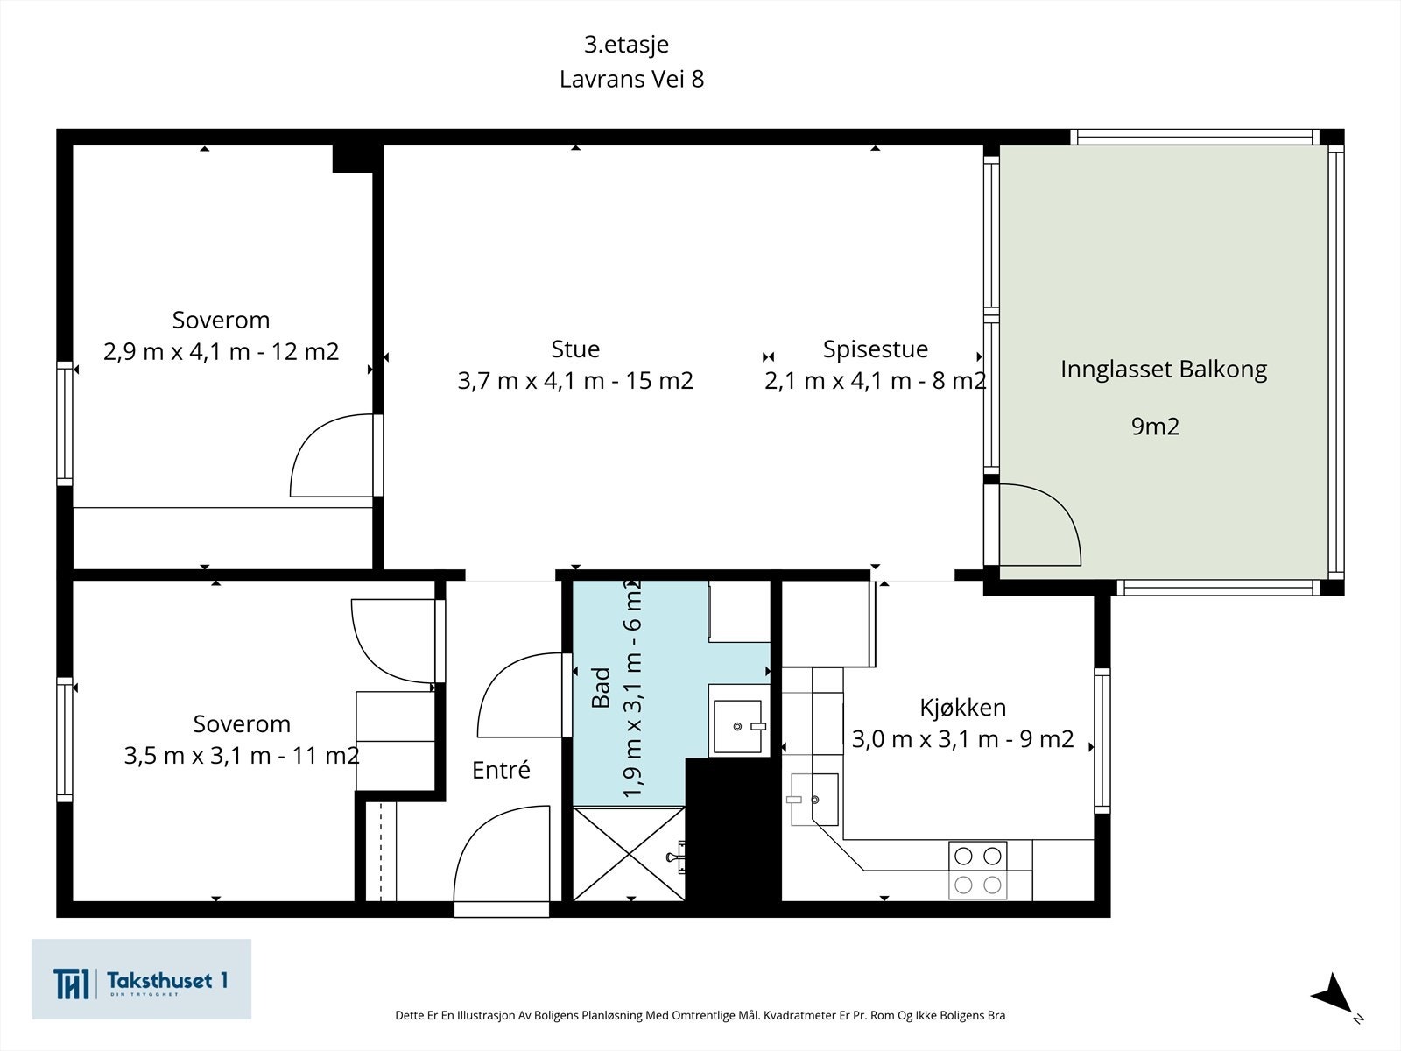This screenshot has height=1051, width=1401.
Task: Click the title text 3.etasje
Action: click(626, 45)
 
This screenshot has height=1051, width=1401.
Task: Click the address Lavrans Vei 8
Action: click(631, 79)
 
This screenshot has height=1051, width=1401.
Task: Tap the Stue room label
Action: click(575, 349)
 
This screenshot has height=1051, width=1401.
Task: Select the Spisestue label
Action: click(875, 349)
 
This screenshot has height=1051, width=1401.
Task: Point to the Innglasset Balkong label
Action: click(1164, 370)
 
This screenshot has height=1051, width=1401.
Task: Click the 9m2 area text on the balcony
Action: click(1155, 427)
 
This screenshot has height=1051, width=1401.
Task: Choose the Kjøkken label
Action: click(963, 707)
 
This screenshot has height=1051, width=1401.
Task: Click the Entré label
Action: click(501, 770)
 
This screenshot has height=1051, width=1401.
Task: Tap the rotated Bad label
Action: click(602, 688)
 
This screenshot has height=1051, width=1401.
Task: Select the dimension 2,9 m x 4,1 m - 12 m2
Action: click(221, 351)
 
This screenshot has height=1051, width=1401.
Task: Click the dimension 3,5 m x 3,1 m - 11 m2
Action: click(242, 756)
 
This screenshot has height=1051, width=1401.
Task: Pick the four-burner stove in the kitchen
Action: click(977, 871)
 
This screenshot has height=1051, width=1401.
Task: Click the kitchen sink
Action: click(814, 800)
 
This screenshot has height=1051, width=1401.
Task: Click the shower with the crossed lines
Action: click(630, 854)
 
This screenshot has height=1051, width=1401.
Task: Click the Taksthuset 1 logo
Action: click(141, 979)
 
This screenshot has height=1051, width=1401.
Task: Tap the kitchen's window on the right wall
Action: click(1102, 740)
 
